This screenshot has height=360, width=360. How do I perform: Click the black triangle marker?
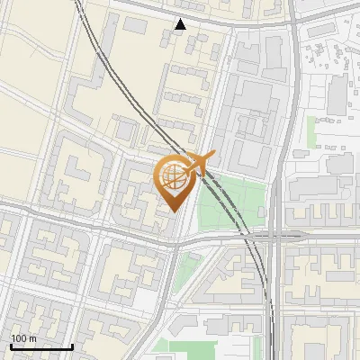(181, 24)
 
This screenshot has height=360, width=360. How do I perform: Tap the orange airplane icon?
(199, 164)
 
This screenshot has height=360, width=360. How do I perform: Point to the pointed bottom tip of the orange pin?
(174, 211)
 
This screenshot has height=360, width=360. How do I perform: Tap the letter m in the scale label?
(33, 337)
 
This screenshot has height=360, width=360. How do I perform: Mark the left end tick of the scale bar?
(11, 346)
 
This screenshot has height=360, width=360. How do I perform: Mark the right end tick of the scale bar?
(72, 346)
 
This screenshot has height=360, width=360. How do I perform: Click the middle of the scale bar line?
(41, 347)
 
